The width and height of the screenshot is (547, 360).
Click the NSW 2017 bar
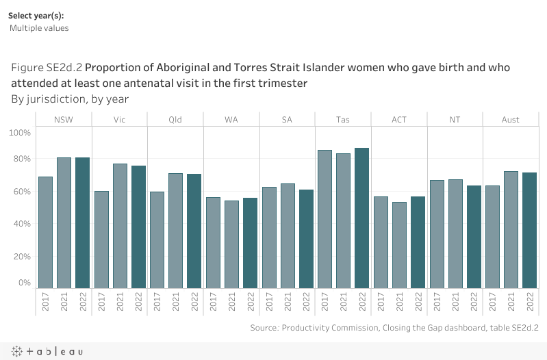click(x=45, y=233)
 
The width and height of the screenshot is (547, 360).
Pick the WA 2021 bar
click(x=232, y=244)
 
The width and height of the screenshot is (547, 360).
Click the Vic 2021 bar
click(x=120, y=227)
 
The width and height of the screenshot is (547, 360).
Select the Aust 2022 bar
click(x=529, y=231)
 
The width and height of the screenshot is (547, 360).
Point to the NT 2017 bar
click(x=437, y=234)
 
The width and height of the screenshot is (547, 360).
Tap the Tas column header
click(x=344, y=120)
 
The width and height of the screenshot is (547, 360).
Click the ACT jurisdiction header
click(x=399, y=120)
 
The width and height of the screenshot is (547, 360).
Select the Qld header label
click(x=175, y=120)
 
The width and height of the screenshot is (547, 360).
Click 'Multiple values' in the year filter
click(x=39, y=28)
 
